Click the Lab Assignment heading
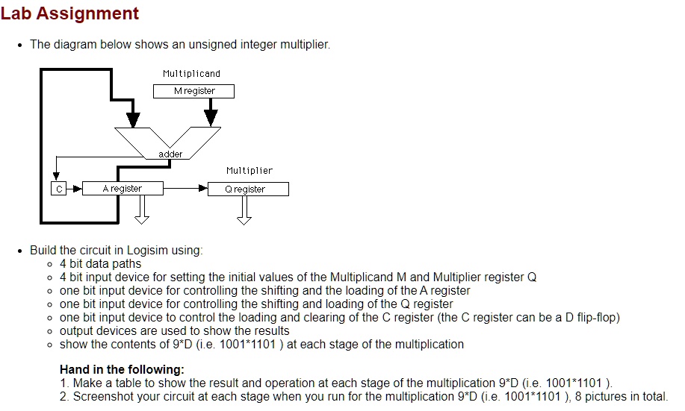click(69, 13)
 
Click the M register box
click(193, 91)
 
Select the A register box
click(123, 189)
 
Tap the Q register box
click(247, 189)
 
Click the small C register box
click(58, 189)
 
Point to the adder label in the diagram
click(170, 154)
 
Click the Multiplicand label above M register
click(191, 74)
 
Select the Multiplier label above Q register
click(249, 171)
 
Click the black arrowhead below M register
click(211, 117)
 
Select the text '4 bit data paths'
click(100, 263)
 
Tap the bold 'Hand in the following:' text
click(121, 370)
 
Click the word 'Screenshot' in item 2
click(102, 397)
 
